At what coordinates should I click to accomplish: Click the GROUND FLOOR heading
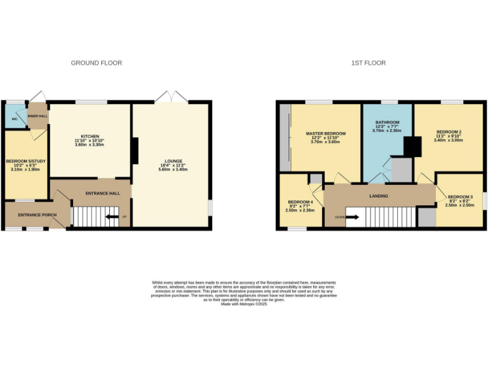[96, 63]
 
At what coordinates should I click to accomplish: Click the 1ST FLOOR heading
[369, 63]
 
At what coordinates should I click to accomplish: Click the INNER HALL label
[37, 116]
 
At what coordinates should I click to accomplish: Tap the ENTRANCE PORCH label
[37, 215]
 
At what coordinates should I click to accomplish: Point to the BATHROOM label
[387, 122]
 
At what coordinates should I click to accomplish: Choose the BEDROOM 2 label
[449, 132]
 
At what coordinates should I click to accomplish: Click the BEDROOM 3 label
[460, 197]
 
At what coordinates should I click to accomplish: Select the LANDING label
[379, 196]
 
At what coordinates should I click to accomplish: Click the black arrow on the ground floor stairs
[112, 217]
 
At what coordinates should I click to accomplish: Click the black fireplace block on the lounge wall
[135, 151]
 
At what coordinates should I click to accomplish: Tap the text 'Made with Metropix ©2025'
[244, 304]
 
